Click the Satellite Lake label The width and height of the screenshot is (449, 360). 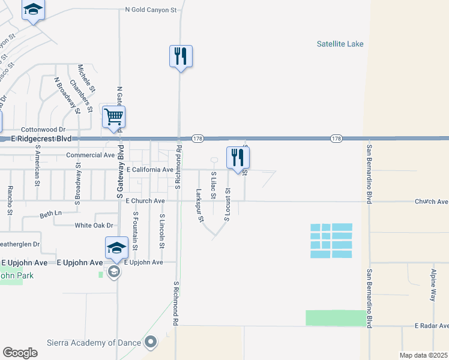click(340, 44)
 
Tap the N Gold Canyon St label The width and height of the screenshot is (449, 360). click(151, 10)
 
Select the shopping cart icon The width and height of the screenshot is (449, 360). click(113, 117)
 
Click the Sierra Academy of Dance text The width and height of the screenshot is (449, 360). click(94, 343)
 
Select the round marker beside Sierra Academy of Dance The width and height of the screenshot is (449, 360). click(150, 343)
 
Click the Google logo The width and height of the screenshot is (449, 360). click(20, 353)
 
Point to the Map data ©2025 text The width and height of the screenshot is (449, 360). click(423, 355)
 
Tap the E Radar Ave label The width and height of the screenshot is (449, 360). click(432, 325)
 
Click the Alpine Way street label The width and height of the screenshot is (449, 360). click(432, 285)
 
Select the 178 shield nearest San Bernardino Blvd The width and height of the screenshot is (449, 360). click(336, 139)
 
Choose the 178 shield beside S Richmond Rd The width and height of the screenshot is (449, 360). click(197, 139)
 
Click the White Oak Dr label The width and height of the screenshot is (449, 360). click(94, 226)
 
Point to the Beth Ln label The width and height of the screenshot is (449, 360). click(50, 214)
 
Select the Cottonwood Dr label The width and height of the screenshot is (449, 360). click(43, 129)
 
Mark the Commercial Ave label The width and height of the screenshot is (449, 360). click(90, 155)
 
